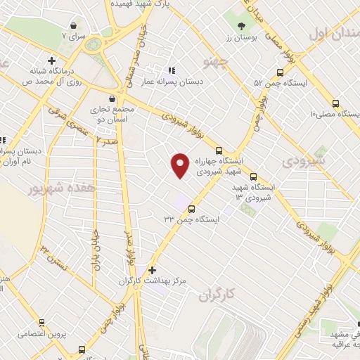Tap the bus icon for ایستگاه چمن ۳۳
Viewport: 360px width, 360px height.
pyautogui.click(x=191, y=207)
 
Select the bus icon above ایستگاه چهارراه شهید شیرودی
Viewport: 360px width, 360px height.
pyautogui.click(x=219, y=150)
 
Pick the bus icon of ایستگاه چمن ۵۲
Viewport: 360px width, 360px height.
pyautogui.click(x=281, y=72)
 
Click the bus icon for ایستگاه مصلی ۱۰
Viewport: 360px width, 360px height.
pyautogui.click(x=335, y=103)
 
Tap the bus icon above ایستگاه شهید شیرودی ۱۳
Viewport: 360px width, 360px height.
pyautogui.click(x=253, y=177)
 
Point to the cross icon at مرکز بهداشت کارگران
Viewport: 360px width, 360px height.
pyautogui.click(x=152, y=269)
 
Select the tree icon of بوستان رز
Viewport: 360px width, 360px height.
pyautogui.click(x=241, y=25)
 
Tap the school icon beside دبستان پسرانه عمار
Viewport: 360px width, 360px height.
pyautogui.click(x=170, y=72)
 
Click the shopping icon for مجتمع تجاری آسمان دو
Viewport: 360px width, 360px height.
pyautogui.click(x=112, y=98)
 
